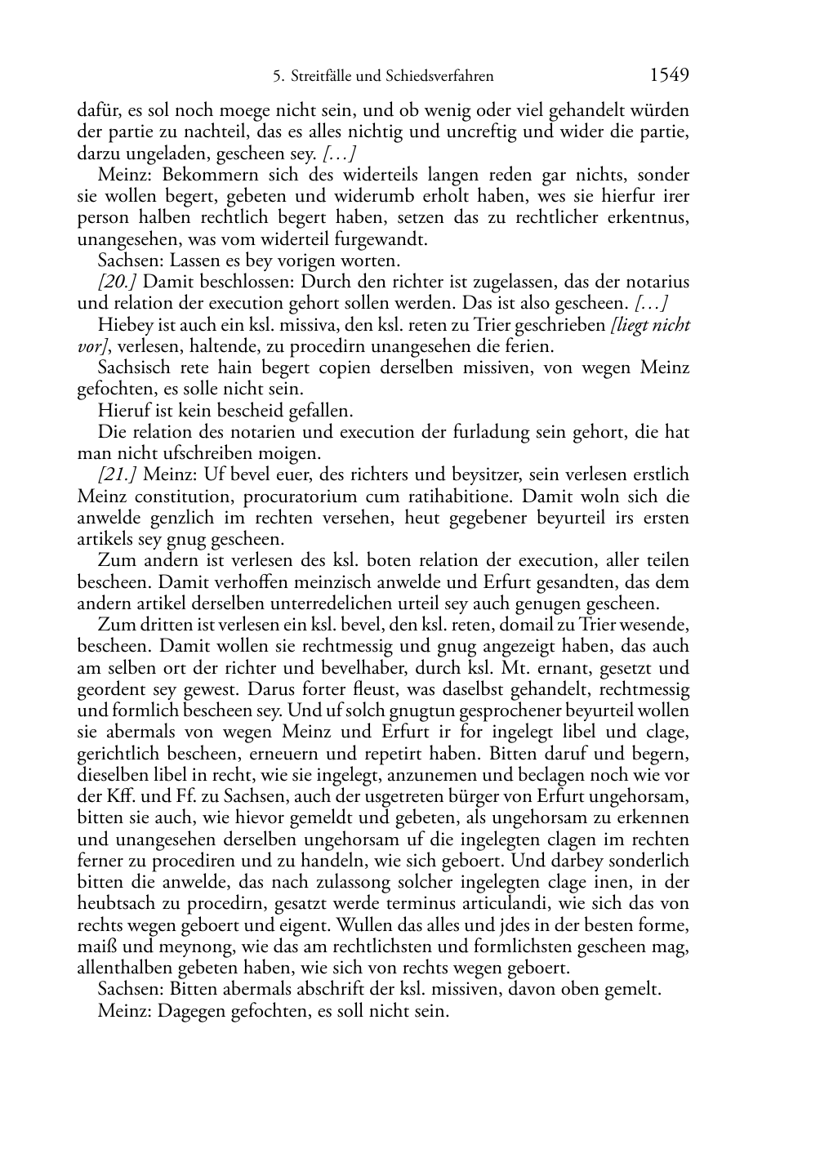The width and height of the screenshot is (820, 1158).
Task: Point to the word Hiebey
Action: pyautogui.click(x=123, y=325)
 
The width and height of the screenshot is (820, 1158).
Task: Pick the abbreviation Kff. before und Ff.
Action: pyautogui.click(x=113, y=796)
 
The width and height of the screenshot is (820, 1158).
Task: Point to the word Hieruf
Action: pyautogui.click(x=123, y=411)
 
